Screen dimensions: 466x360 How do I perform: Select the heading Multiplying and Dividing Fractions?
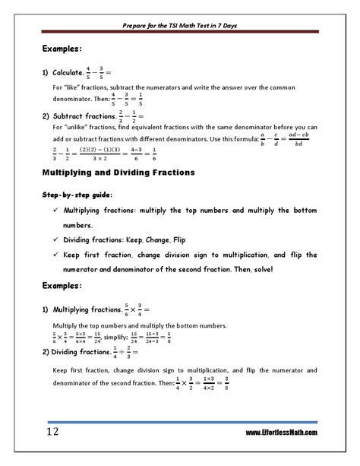pos(117,173)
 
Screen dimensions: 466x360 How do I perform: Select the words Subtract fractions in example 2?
pos(84,116)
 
